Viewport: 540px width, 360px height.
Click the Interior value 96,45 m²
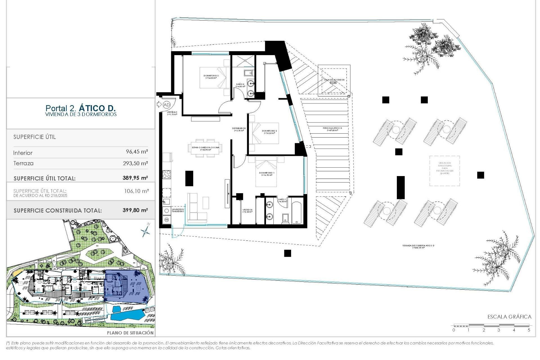point(137,152)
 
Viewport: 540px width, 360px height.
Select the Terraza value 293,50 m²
point(135,163)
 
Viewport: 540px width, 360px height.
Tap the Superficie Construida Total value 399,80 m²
point(135,210)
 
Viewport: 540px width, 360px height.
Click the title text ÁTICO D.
point(97,108)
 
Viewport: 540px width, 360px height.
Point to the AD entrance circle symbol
point(166,105)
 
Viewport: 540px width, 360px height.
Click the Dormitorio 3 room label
point(211,76)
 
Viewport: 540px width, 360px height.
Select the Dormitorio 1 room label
point(266,174)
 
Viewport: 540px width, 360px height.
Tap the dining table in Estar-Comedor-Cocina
point(205,148)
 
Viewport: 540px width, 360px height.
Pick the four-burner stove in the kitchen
point(166,174)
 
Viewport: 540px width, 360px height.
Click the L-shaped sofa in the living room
point(197,208)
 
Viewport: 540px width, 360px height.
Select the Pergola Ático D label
point(332,129)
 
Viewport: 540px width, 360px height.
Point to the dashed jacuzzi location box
point(444,171)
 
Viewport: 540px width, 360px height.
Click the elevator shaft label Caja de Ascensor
point(334,80)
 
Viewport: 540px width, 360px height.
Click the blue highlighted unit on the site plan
point(127,287)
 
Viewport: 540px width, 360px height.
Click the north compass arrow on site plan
point(146,231)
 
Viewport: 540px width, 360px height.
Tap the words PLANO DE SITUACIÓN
point(130,333)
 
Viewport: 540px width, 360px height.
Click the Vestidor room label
point(247,211)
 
